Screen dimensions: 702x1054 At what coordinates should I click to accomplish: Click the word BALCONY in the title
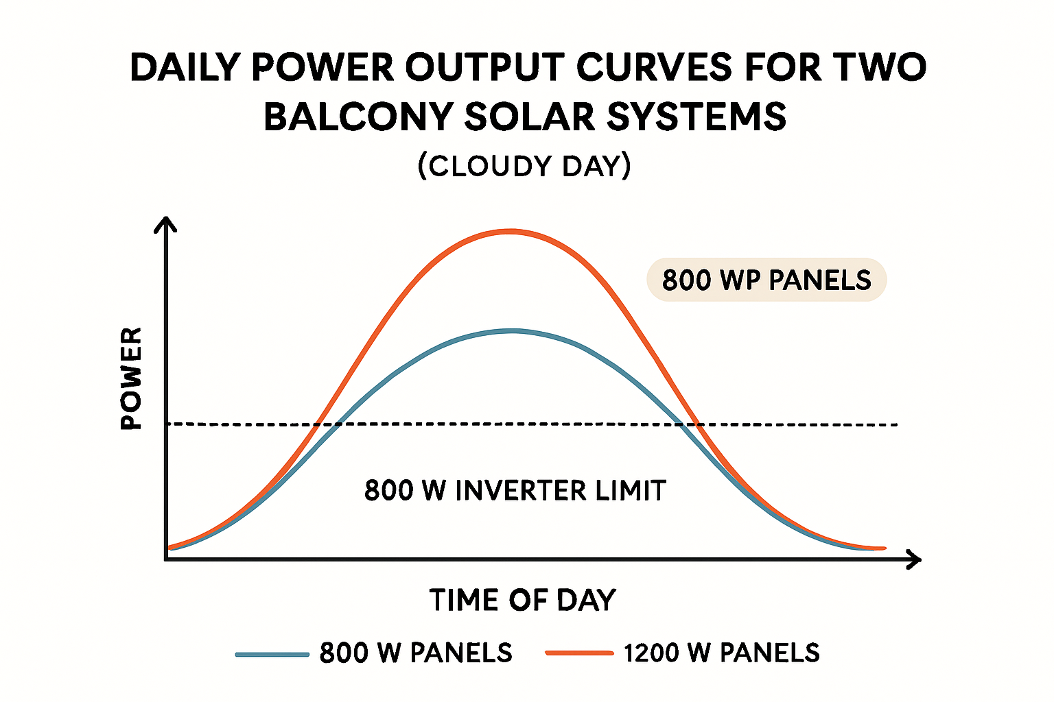(358, 117)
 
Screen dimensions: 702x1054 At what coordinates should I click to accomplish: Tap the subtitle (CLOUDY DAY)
(524, 166)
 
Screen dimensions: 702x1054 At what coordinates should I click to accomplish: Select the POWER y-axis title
(131, 378)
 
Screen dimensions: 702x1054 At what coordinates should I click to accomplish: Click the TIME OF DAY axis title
(523, 600)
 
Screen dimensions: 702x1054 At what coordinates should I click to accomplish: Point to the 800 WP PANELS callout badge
(766, 280)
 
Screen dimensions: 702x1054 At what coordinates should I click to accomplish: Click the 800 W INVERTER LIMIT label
(515, 491)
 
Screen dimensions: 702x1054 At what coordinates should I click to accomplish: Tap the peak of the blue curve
(513, 331)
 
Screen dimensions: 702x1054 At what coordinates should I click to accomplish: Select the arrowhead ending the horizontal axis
(913, 559)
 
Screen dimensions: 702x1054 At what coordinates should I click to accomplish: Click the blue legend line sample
(272, 654)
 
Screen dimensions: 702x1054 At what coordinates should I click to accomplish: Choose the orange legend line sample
(579, 653)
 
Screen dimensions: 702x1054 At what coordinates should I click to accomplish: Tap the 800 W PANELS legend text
(416, 653)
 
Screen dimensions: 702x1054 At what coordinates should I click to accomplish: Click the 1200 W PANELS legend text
(722, 653)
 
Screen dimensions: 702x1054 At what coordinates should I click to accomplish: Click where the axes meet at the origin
(166, 559)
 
